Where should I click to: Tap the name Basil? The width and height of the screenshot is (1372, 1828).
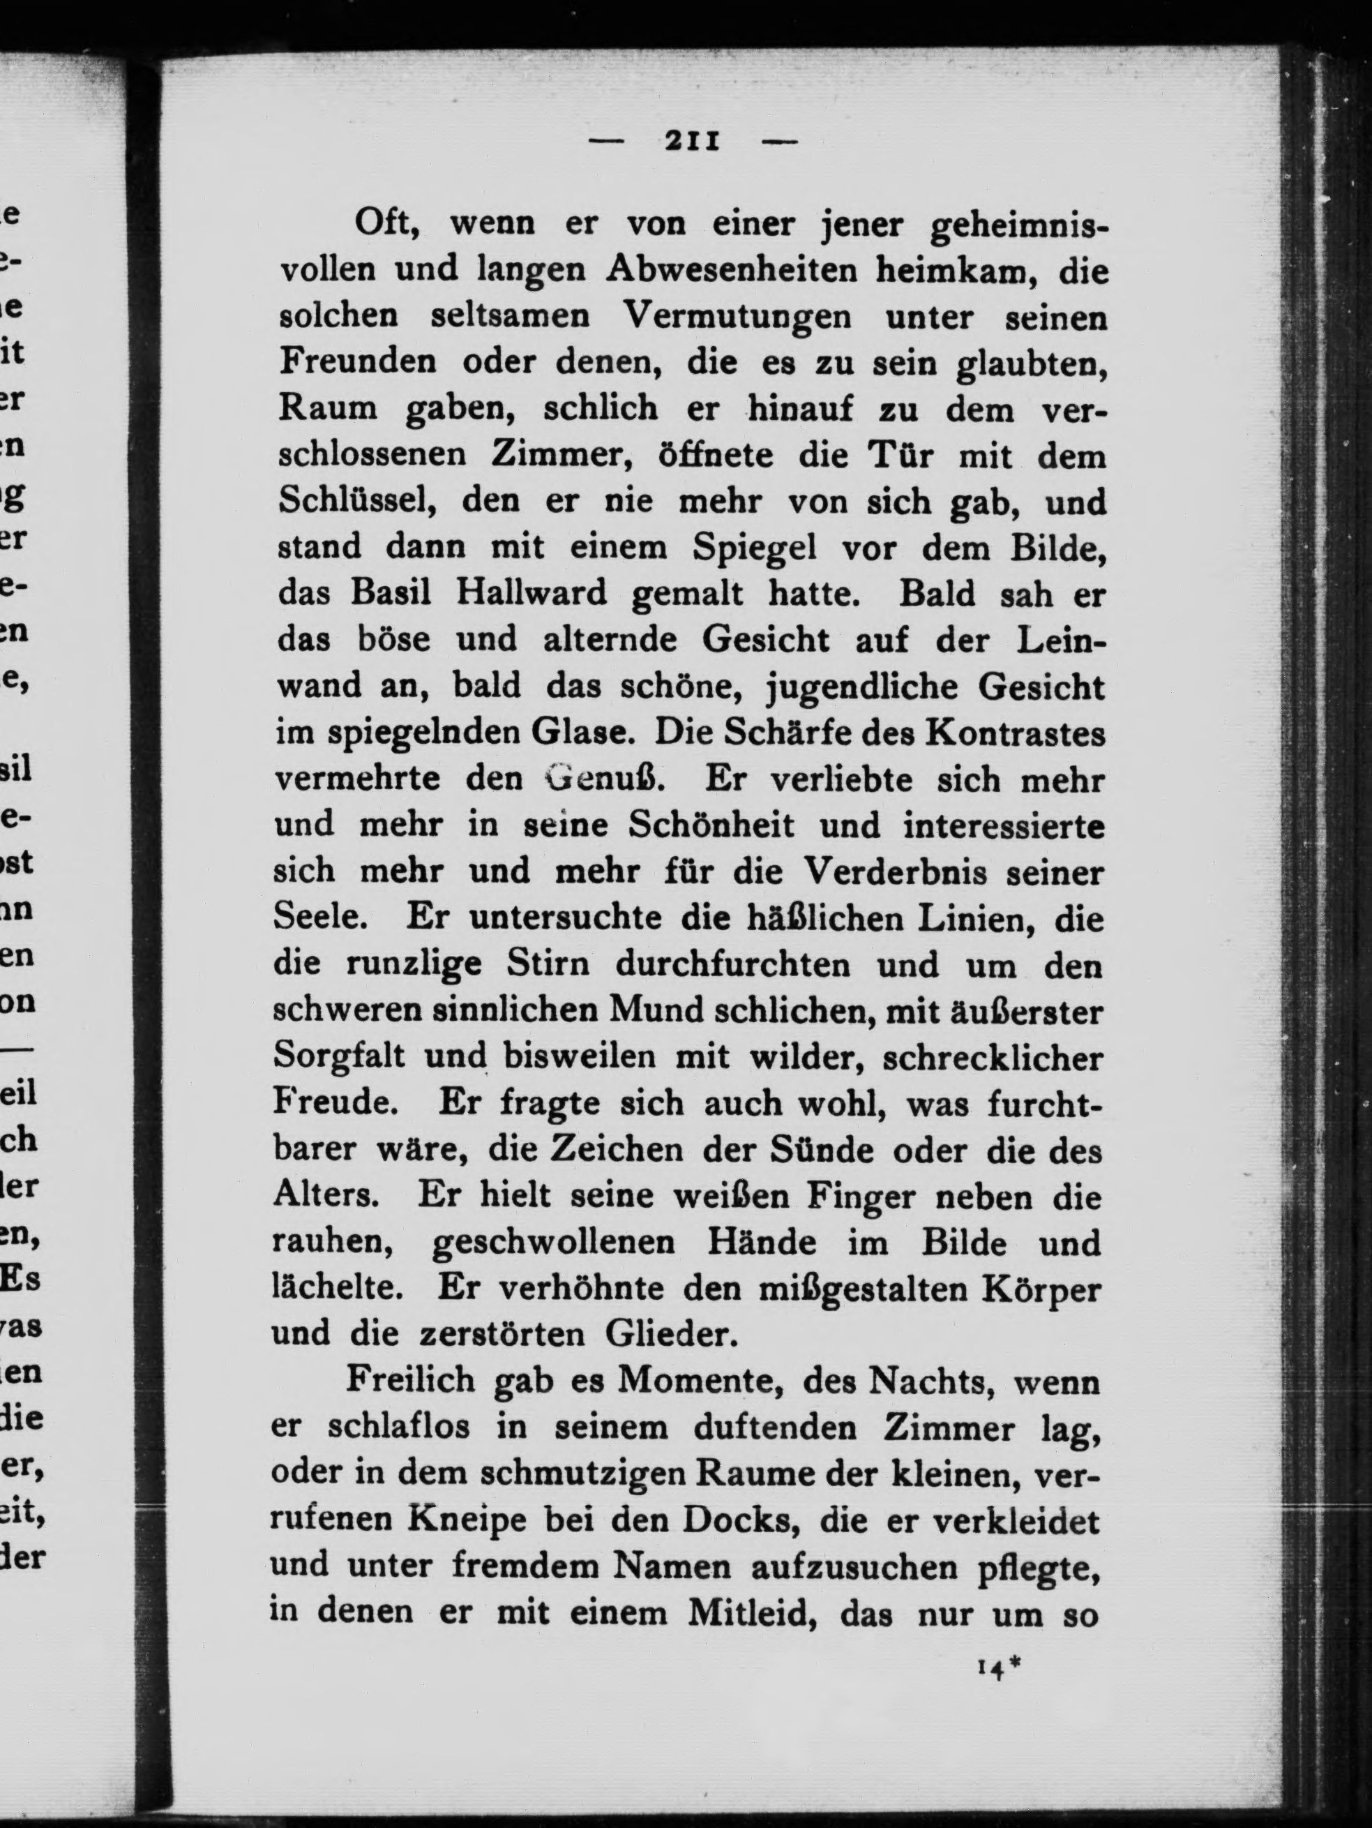coord(390,594)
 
